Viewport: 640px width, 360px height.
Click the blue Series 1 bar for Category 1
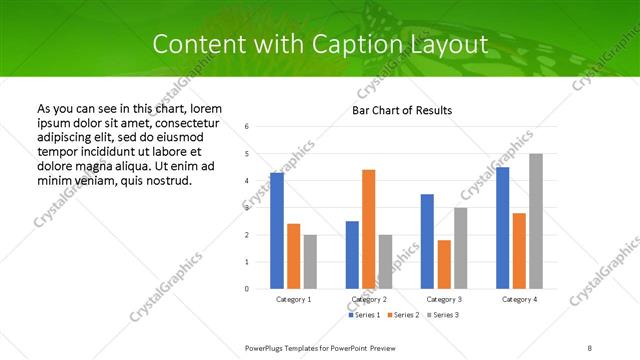pos(277,231)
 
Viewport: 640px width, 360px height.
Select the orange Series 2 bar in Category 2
pos(368,229)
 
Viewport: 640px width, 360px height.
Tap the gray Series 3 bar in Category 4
pos(536,221)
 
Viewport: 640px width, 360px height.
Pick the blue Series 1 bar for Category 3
pos(427,241)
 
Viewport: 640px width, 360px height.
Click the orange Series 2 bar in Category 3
pos(443,264)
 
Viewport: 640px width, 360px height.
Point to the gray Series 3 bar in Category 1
pos(310,262)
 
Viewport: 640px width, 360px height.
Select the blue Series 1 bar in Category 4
pos(502,228)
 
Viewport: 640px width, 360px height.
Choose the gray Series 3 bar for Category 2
pos(385,262)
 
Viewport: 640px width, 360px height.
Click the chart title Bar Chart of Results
pos(402,110)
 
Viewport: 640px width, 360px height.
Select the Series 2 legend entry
pos(404,315)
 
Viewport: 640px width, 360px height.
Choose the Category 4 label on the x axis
pos(519,299)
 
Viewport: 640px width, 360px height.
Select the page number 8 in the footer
pos(590,348)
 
